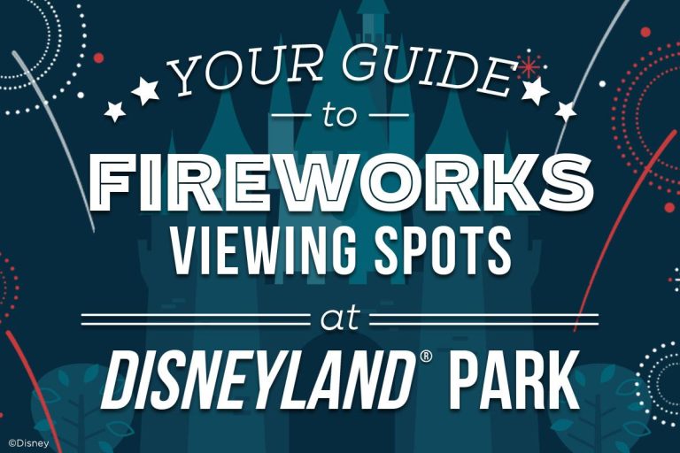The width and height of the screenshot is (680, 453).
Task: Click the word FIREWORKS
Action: [x=340, y=181]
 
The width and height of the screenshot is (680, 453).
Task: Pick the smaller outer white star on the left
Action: [x=115, y=111]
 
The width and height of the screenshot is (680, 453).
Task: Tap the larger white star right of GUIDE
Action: [x=535, y=89]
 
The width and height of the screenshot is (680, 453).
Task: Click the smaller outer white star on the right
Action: [x=565, y=111]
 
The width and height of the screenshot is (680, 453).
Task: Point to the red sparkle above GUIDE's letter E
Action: [x=529, y=65]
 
